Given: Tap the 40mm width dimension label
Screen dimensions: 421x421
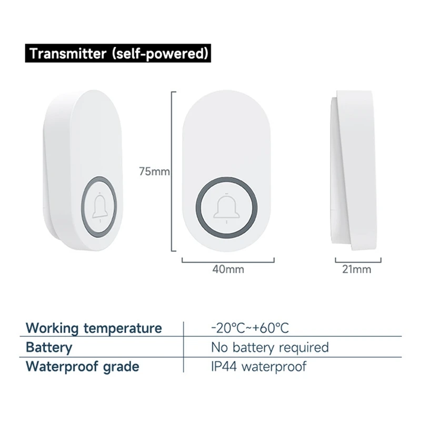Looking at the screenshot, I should click(x=228, y=269).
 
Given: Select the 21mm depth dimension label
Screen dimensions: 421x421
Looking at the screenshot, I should click(x=357, y=269).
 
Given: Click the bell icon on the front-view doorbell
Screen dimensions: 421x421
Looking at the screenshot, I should click(x=226, y=207).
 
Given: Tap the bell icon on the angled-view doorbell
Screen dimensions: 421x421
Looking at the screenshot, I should click(x=99, y=208).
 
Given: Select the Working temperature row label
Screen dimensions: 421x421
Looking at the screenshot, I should click(x=94, y=328).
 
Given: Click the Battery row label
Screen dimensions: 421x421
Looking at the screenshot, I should click(x=49, y=347).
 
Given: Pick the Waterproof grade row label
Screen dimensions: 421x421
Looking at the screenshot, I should click(x=83, y=366).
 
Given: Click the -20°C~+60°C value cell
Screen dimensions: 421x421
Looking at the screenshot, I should click(x=250, y=328).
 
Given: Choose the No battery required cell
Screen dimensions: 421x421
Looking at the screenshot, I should click(x=269, y=347).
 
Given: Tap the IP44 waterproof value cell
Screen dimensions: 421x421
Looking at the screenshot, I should click(x=258, y=366).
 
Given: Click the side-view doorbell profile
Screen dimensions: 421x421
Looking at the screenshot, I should click(x=355, y=168).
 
